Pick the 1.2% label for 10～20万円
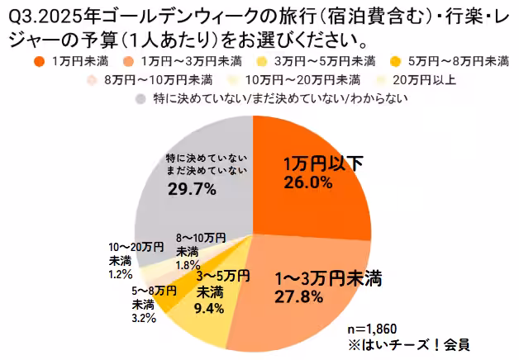click(x=119, y=274)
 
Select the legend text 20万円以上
click(x=408, y=79)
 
